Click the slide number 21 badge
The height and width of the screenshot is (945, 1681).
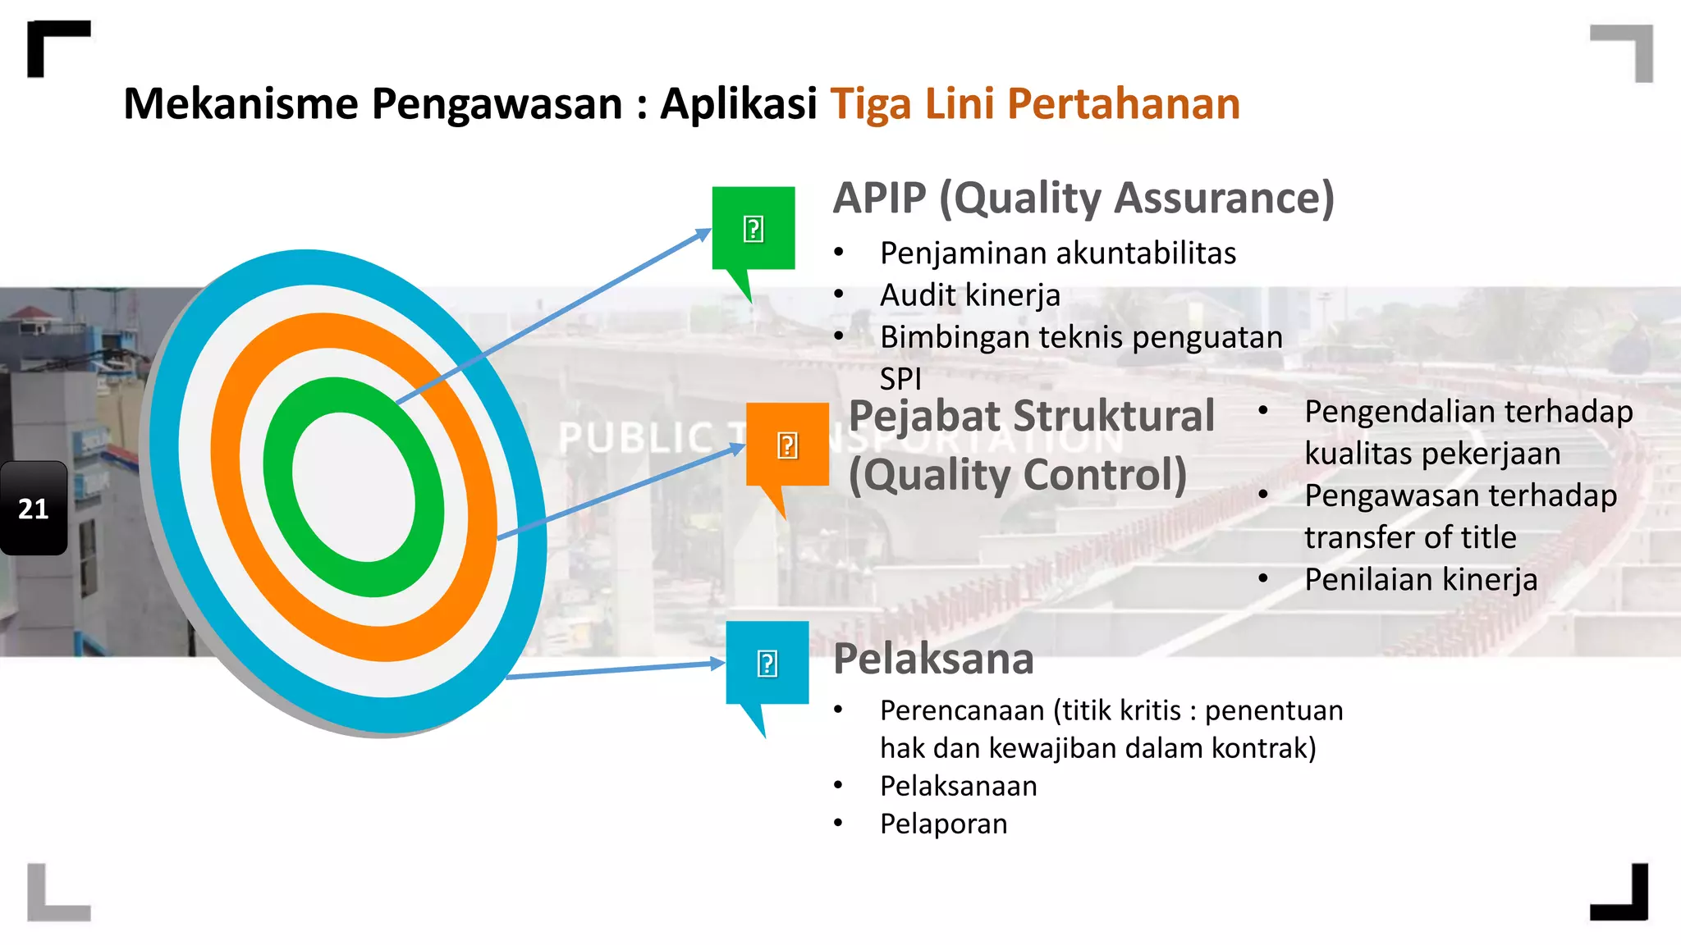pos(34,509)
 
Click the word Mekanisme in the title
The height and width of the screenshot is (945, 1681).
pos(241,104)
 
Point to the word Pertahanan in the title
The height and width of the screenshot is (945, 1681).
pos(1123,104)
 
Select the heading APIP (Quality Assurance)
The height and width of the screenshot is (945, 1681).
pos(1083,199)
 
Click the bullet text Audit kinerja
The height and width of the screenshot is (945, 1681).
pos(970,295)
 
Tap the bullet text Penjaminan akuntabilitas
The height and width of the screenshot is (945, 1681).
pos(1058,253)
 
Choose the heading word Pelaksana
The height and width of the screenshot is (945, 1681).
pos(933,659)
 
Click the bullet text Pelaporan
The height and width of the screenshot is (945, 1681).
pos(944,824)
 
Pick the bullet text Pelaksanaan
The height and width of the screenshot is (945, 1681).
pos(959,786)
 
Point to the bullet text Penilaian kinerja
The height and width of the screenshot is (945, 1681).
pos(1421,580)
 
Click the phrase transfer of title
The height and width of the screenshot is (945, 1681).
pos(1410,537)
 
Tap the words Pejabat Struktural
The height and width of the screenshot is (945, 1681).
pos(1031,416)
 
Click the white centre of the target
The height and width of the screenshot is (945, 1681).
pos(354,487)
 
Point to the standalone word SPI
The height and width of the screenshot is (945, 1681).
pos(900,380)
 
